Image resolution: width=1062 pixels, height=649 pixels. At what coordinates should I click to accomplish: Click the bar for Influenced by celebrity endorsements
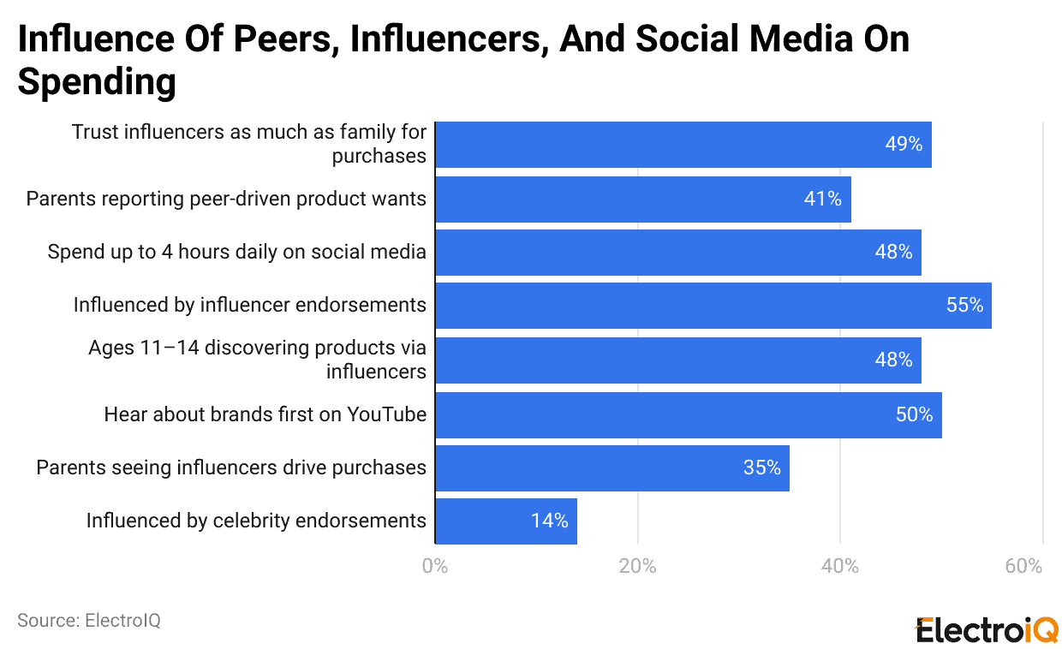click(x=505, y=521)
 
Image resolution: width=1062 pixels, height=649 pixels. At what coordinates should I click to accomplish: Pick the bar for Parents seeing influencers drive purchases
click(x=612, y=468)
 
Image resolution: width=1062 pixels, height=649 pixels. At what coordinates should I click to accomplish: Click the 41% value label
click(x=822, y=199)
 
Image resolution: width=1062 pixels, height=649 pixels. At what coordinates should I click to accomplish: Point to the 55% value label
click(x=964, y=306)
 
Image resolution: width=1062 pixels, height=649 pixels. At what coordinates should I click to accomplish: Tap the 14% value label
click(x=549, y=521)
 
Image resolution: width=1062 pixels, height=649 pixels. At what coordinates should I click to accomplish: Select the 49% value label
click(x=904, y=145)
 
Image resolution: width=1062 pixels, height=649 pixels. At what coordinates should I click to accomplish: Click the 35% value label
click(x=761, y=468)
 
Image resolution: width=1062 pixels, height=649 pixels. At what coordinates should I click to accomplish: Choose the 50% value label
click(x=914, y=415)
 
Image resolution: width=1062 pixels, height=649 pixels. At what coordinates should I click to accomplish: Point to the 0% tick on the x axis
click(x=435, y=567)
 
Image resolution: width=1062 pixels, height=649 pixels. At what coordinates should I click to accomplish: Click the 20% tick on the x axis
click(x=637, y=567)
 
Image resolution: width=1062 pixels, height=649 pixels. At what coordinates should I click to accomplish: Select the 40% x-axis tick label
click(x=839, y=567)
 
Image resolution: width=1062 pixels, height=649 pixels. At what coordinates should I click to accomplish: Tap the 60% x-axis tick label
click(x=1023, y=567)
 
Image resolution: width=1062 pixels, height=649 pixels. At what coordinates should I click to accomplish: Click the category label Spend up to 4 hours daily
click(x=236, y=252)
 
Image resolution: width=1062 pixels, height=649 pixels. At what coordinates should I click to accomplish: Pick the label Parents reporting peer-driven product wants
click(x=226, y=199)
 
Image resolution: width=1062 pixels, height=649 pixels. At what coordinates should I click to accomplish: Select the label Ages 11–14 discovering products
click(x=257, y=360)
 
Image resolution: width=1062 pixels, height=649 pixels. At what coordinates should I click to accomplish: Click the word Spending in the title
click(x=97, y=83)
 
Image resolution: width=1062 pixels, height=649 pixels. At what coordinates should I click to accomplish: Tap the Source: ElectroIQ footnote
click(x=89, y=621)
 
